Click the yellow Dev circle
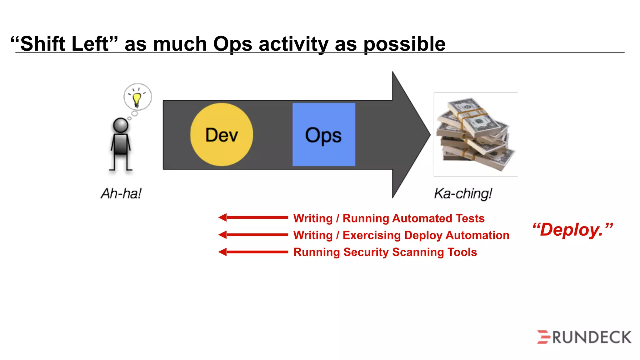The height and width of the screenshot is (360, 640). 222,134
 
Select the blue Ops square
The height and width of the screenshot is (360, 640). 324,134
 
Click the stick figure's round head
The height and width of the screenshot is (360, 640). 121,125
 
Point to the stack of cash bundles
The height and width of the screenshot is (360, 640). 475,134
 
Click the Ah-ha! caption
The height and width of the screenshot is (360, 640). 121,193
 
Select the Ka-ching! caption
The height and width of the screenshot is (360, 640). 463,193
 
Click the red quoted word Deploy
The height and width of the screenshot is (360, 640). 572,230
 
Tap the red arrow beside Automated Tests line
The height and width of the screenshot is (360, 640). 253,217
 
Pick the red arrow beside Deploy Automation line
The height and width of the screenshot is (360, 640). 253,235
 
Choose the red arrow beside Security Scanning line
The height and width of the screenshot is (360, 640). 253,252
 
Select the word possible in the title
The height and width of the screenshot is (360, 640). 404,44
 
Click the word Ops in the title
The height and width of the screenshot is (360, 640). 232,44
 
